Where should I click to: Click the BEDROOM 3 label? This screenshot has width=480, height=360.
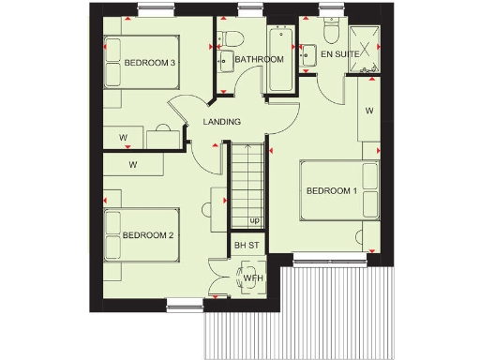tap(150, 63)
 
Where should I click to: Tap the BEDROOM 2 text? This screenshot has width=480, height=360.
tap(148, 235)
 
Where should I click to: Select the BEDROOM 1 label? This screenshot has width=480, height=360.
tap(332, 191)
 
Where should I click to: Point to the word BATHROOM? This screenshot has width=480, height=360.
tap(259, 60)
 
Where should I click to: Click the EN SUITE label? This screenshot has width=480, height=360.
tap(339, 55)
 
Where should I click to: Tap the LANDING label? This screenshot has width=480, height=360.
tap(222, 122)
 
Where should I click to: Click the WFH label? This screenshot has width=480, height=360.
tap(252, 278)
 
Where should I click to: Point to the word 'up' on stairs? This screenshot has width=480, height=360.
tap(254, 221)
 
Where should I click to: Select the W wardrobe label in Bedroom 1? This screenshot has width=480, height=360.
tap(369, 111)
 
